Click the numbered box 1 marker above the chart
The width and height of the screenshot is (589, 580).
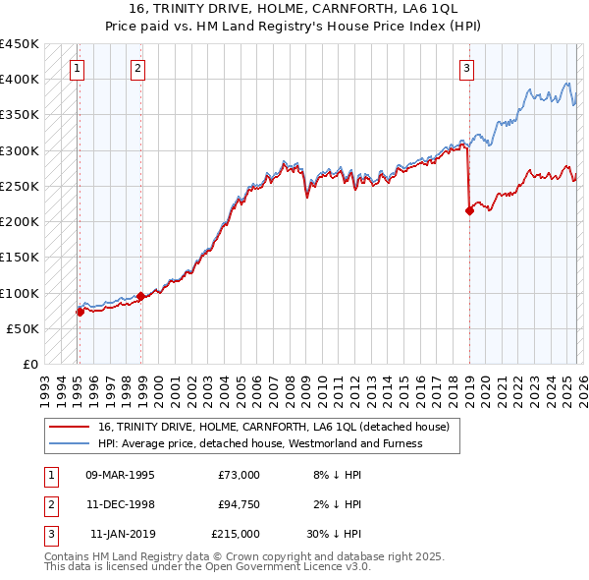coord(78,68)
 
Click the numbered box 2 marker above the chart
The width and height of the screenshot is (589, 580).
coord(137,68)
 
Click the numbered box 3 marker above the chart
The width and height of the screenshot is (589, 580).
coord(466,68)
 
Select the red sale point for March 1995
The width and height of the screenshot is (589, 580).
coord(80,312)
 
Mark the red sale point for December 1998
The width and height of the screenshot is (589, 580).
coord(140,296)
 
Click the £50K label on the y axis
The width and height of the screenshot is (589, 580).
coord(24,328)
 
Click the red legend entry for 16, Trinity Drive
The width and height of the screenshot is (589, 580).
coord(273,427)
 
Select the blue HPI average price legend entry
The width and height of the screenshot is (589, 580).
coord(259,443)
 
